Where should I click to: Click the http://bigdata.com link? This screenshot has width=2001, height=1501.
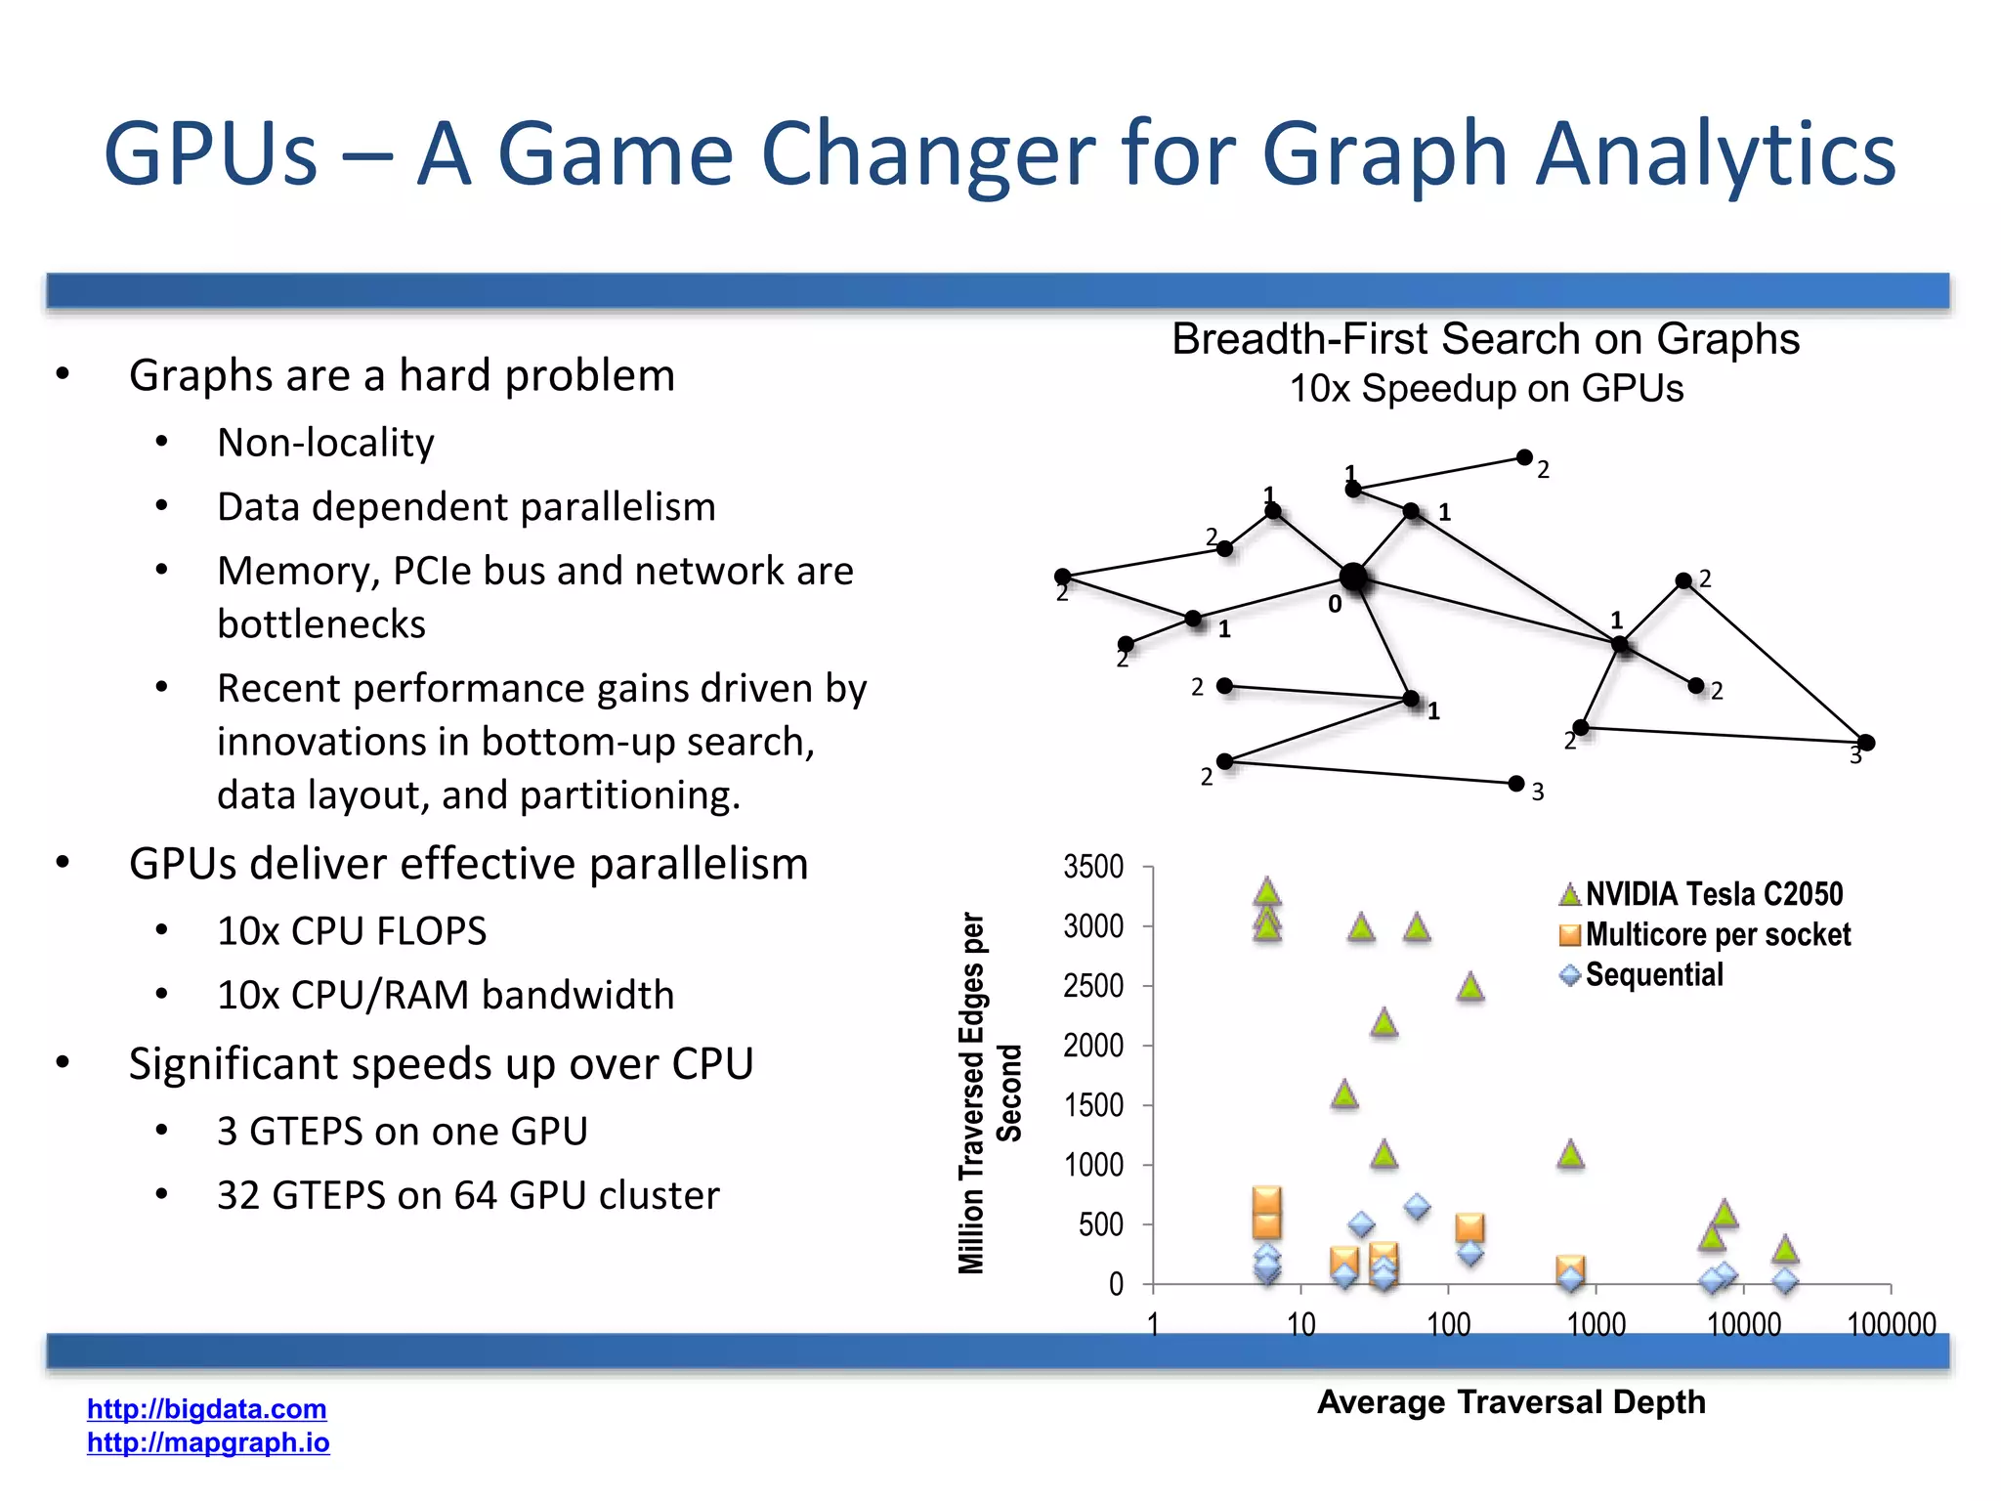click(206, 1408)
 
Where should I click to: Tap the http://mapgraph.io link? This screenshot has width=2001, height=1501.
click(208, 1442)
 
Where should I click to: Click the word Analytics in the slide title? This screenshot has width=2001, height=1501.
click(1715, 154)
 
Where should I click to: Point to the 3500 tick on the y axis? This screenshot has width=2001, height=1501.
click(1093, 867)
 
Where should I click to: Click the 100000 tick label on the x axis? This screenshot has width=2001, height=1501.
click(1891, 1324)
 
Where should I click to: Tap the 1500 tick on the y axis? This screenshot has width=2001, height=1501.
click(1093, 1105)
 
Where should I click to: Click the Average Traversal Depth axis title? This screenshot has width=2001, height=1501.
click(1511, 1401)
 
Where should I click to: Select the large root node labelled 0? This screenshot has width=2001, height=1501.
click(1353, 578)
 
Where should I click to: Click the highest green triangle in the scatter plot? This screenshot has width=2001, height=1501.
click(1266, 891)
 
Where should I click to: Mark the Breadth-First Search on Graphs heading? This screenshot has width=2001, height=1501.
click(1485, 339)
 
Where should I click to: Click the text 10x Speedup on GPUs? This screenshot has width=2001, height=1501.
click(1485, 389)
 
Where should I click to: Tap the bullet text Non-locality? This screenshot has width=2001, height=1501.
click(325, 443)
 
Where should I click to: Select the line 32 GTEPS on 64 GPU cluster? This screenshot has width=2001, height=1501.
click(468, 1195)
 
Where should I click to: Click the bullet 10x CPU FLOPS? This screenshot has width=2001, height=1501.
click(352, 930)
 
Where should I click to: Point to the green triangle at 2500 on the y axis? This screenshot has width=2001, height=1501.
click(1469, 987)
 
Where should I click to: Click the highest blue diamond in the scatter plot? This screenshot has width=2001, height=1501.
click(1417, 1207)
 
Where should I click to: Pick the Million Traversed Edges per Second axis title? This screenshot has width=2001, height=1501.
click(989, 1093)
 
